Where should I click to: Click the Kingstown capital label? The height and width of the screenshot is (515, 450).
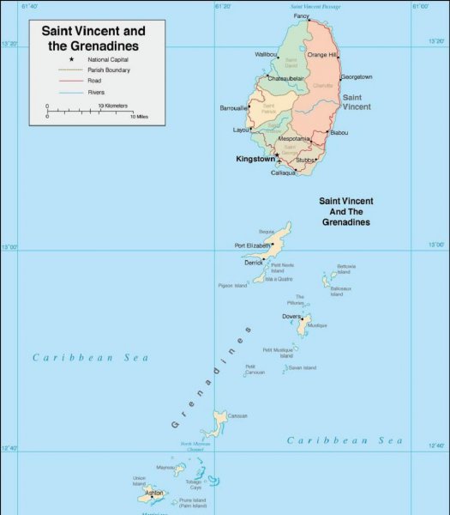point(255,159)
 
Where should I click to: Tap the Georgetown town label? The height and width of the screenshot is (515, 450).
point(356,76)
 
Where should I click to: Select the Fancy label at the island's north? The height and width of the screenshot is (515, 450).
point(301,16)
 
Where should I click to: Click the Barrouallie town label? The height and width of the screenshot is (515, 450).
point(234,108)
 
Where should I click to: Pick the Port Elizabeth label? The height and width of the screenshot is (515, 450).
point(252,245)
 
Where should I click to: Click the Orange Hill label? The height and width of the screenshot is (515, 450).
point(322,54)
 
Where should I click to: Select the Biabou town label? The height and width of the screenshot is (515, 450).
point(339,132)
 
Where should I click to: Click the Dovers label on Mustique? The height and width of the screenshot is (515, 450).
point(291,316)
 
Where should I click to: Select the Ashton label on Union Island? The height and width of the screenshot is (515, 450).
point(154,493)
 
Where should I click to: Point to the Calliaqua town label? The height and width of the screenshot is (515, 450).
point(283,173)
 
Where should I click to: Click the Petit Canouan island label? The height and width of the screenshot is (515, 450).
point(255,369)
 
